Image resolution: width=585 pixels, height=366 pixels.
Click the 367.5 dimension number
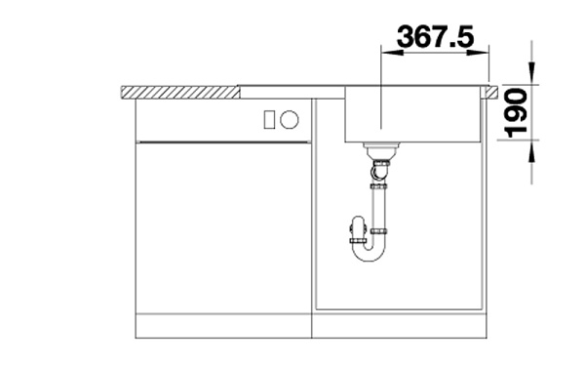[x=436, y=37]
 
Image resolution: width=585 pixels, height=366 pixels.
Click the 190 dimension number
[x=516, y=112]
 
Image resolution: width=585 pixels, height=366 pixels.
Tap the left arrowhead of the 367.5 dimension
[x=392, y=53]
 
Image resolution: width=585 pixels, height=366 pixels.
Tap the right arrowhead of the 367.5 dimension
[x=478, y=53]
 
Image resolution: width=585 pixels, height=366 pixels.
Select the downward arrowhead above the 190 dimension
[x=532, y=73]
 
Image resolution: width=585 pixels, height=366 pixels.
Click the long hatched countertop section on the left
[x=179, y=93]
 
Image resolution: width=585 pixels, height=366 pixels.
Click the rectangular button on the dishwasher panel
[x=269, y=120]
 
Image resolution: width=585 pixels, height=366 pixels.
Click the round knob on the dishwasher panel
[x=290, y=120]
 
